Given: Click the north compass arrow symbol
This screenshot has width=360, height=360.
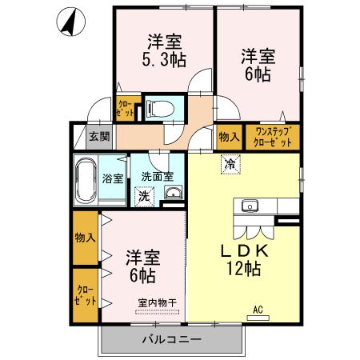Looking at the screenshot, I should click(70, 22).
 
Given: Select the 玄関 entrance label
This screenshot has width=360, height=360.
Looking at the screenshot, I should click(98, 136).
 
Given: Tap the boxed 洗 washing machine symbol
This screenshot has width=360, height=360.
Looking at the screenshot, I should click(144, 194).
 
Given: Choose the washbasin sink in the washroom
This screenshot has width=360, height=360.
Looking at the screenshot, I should click(172, 193).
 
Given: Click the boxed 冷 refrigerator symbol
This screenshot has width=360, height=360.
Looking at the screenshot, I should click(230, 166).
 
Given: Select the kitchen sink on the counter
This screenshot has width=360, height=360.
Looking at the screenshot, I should click(250, 206).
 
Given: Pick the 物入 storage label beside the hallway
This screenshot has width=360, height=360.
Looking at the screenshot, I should click(228, 136).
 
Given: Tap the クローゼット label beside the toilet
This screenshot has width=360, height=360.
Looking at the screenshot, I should click(126, 107).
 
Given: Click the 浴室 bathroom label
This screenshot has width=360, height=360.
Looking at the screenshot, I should click(113, 177).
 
